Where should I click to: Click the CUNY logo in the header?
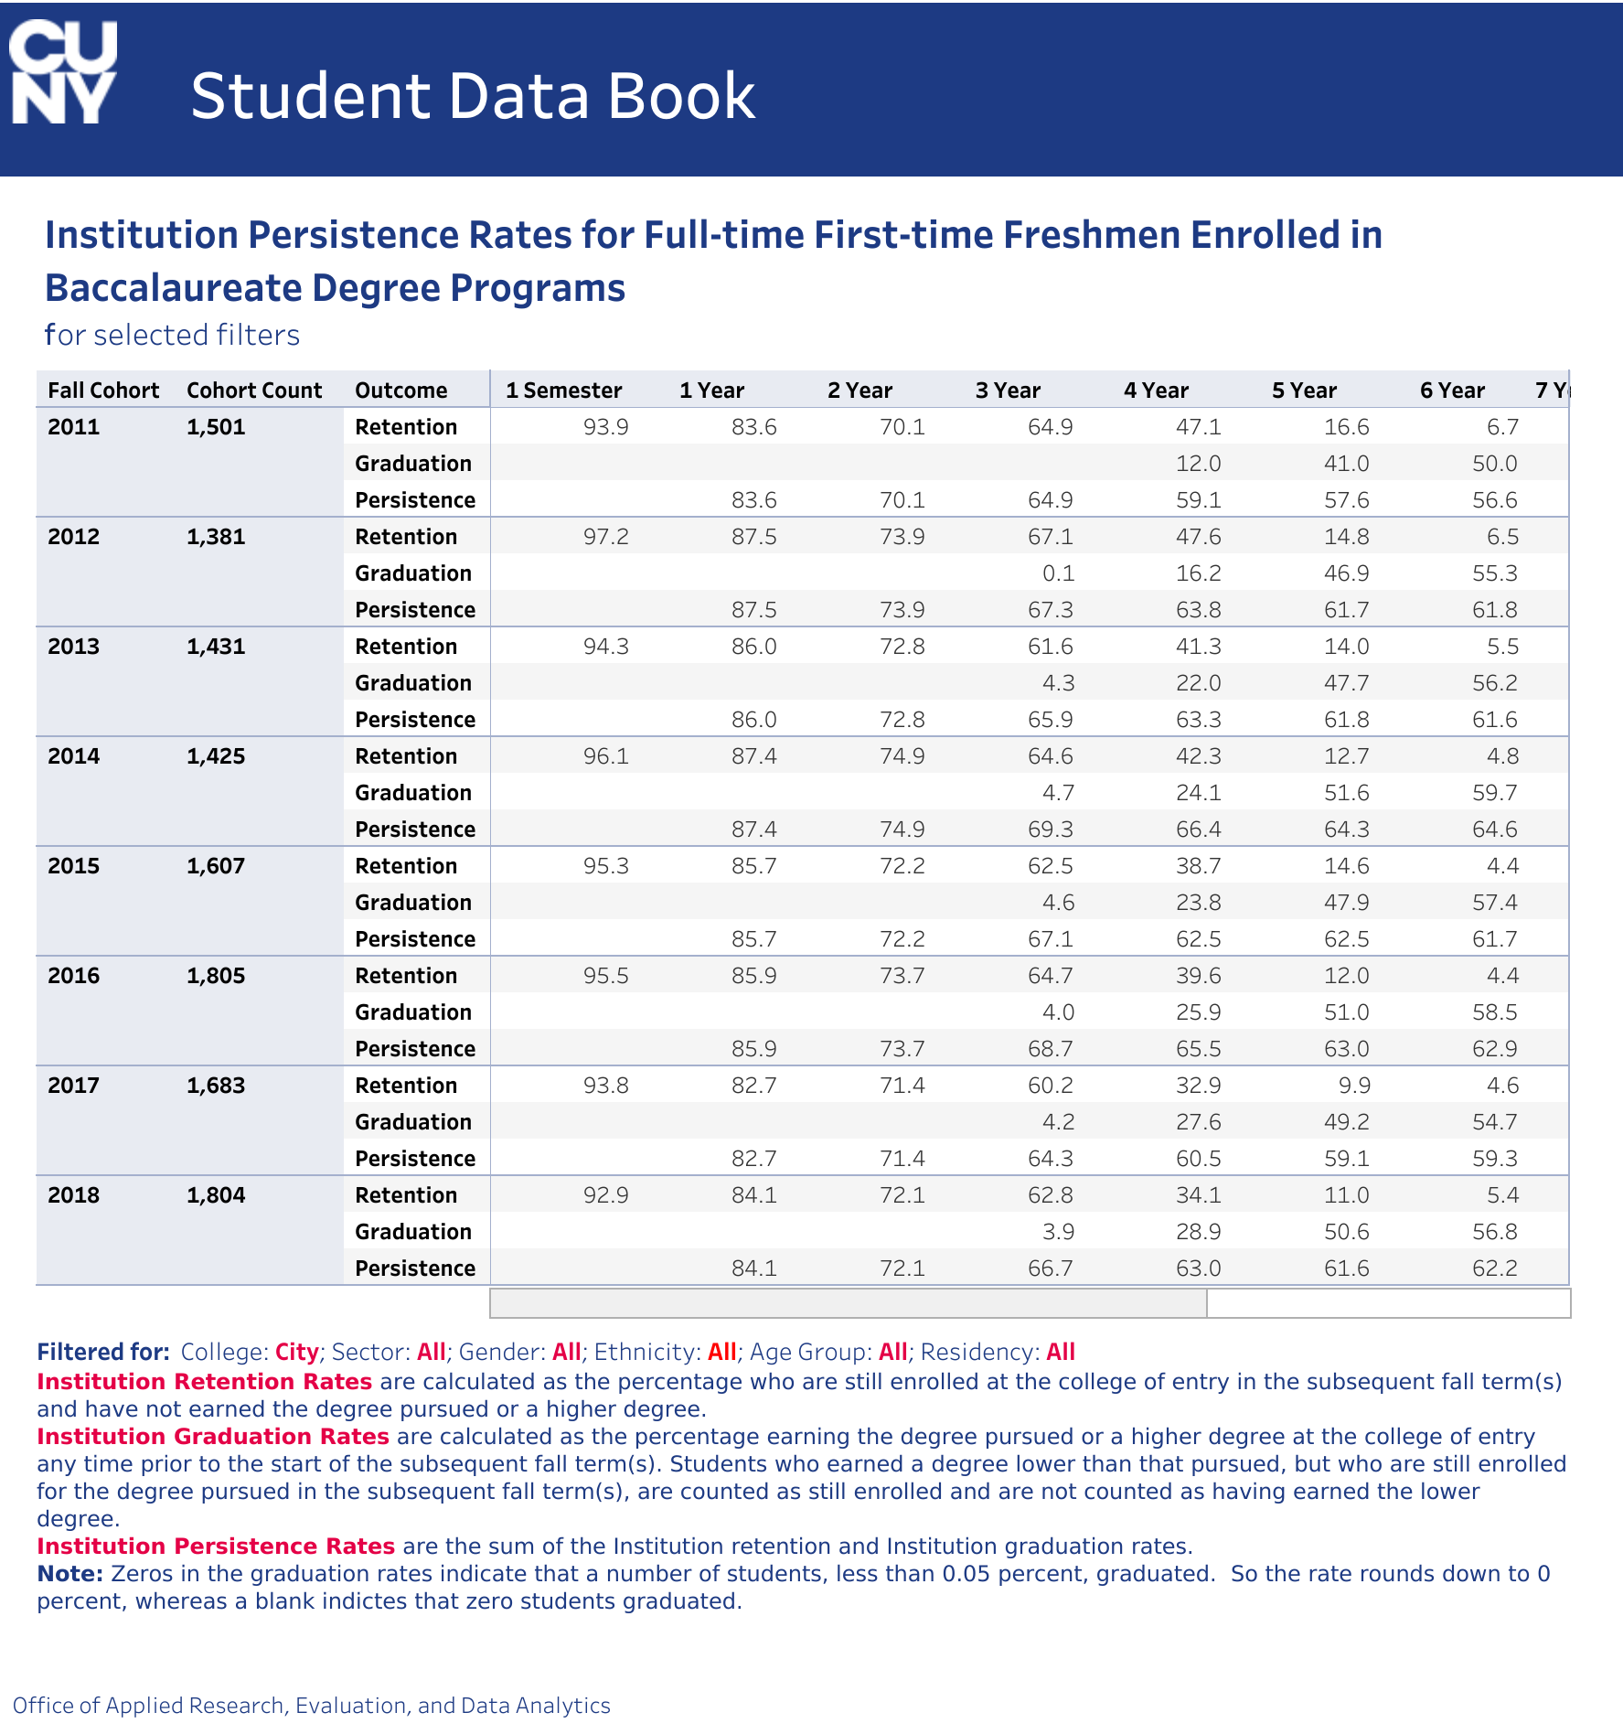(63, 72)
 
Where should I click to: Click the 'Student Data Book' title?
(473, 96)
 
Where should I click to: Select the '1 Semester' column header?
(563, 391)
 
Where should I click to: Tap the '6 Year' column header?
(1452, 391)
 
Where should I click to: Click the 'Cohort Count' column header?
(254, 391)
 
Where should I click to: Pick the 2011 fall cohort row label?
(74, 427)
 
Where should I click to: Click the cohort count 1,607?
(216, 866)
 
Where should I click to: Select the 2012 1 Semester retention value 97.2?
(606, 537)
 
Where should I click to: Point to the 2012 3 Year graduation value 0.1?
(1058, 573)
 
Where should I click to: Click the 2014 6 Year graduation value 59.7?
(1495, 793)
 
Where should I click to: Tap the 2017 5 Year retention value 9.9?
(1354, 1086)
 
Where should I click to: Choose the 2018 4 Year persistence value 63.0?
(1199, 1268)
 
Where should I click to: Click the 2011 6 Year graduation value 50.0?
(1495, 464)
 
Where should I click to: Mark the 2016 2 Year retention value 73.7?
(902, 976)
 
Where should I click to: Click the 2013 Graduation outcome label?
(413, 683)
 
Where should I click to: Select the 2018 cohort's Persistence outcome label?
(415, 1268)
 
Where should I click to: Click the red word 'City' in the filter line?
(297, 1352)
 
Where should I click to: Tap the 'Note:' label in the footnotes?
(70, 1573)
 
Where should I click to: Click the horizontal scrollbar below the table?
(849, 1303)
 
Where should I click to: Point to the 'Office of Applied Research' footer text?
(312, 1705)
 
